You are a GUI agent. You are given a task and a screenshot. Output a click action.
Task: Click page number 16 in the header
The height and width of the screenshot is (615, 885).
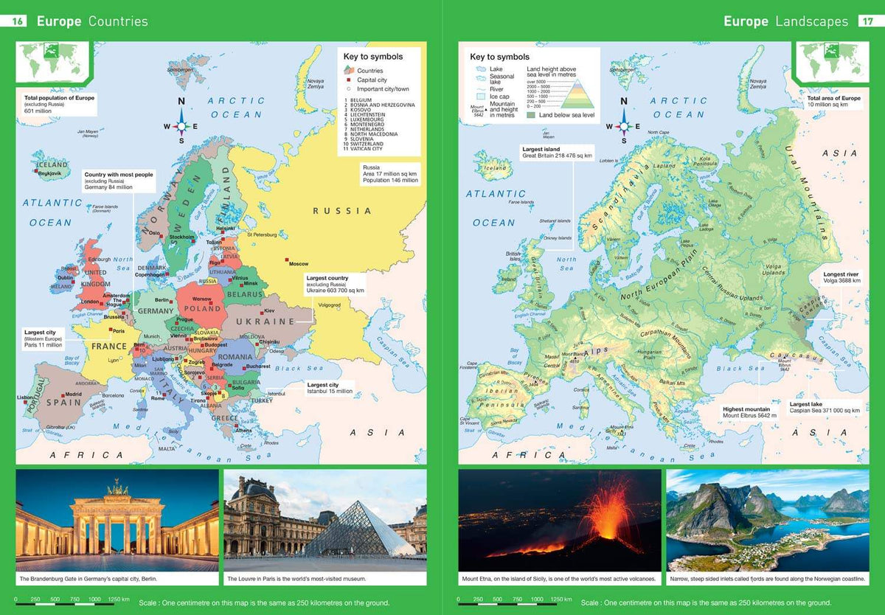18,21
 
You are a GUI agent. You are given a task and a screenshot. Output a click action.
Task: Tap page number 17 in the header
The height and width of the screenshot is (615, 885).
867,21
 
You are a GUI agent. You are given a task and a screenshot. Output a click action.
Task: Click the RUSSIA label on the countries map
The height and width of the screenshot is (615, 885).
342,211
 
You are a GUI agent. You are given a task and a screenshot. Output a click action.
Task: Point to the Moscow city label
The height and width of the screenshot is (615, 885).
299,263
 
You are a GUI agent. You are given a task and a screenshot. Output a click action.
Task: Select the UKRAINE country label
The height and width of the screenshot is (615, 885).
265,322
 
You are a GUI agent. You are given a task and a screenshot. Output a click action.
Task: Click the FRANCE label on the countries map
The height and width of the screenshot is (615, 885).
109,346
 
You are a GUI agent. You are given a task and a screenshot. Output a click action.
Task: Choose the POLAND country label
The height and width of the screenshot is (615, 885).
202,309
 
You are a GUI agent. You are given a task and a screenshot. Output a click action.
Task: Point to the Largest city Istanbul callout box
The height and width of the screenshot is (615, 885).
330,388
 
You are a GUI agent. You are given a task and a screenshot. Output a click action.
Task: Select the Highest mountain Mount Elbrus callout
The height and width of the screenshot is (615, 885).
746,412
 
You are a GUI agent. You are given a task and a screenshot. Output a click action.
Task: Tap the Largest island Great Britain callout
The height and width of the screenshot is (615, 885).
547,153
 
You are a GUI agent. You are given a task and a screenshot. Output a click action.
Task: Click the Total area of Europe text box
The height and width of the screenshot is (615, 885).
833,102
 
